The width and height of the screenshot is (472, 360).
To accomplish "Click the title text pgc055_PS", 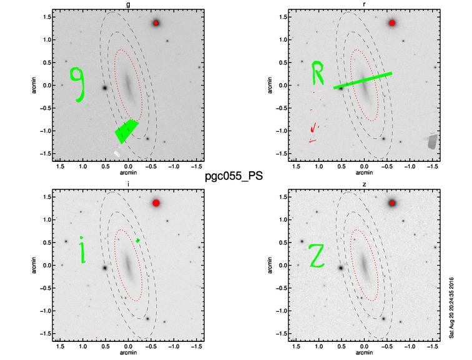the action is [x=234, y=176].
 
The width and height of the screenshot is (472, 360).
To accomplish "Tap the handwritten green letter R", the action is [x=317, y=72].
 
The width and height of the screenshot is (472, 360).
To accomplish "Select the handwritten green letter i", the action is [x=82, y=250].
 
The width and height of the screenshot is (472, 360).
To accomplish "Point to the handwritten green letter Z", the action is [x=317, y=256].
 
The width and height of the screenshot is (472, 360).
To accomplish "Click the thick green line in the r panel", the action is [x=363, y=81].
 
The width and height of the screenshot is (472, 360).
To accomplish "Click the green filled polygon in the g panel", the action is [x=126, y=131].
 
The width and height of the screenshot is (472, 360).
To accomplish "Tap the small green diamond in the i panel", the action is [x=138, y=241].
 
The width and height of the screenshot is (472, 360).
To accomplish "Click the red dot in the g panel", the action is [x=155, y=23].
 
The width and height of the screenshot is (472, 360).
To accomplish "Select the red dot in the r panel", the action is [x=391, y=23].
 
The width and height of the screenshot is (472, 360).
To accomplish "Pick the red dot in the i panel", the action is [x=156, y=203].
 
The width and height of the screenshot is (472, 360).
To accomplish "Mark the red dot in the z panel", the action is [x=392, y=203].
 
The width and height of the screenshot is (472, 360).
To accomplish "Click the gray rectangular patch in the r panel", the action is [x=432, y=141].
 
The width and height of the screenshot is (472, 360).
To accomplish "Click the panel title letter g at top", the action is [x=128, y=4].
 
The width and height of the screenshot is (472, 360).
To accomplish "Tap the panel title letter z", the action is [x=364, y=184].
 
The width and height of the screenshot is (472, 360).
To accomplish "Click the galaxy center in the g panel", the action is [x=127, y=85].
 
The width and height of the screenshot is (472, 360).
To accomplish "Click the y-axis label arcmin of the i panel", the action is [x=34, y=265].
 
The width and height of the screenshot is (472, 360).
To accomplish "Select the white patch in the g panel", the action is [x=117, y=153].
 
